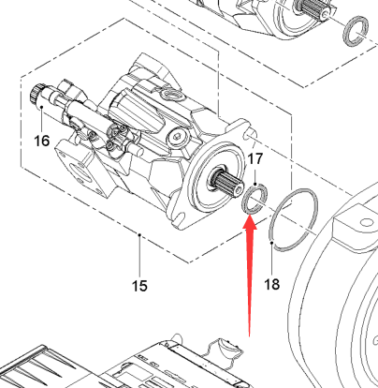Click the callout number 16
point(42,141)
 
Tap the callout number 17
point(255,159)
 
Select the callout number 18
point(272,284)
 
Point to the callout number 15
point(139,286)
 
